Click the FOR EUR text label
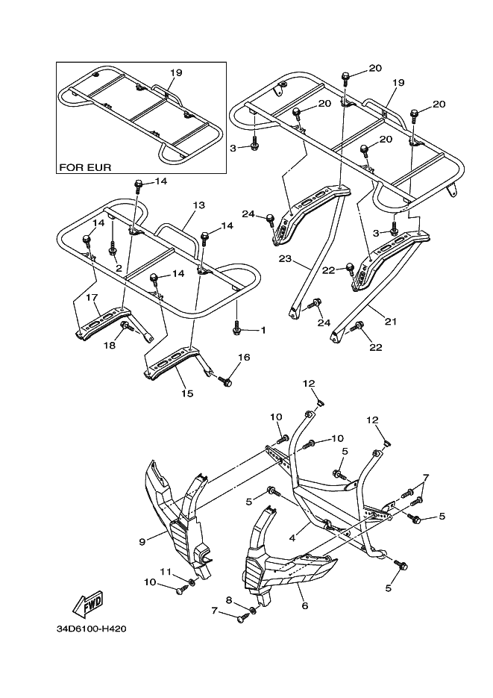[86, 167]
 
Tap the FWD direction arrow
[87, 602]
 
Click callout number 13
[198, 205]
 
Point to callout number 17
[92, 297]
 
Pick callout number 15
[187, 393]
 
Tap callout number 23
[283, 260]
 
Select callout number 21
[389, 322]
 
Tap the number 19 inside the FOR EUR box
[176, 72]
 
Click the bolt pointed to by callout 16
[227, 381]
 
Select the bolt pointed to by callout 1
[237, 327]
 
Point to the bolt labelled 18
[127, 325]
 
